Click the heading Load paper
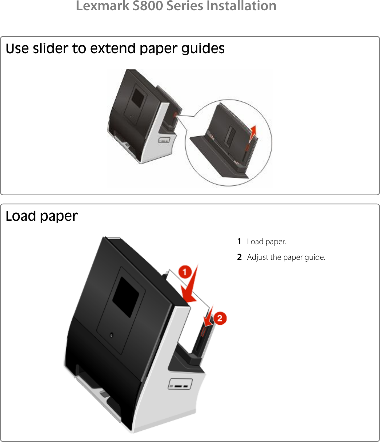tap(42, 216)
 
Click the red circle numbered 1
tap(185, 272)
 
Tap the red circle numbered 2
tap(220, 318)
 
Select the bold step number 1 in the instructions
tap(239, 241)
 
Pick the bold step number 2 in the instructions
tap(239, 257)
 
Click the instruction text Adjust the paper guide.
tap(286, 257)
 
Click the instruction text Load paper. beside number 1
tap(267, 241)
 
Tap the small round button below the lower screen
tap(111, 335)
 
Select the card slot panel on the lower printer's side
tap(180, 384)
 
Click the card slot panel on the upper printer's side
tap(164, 140)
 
